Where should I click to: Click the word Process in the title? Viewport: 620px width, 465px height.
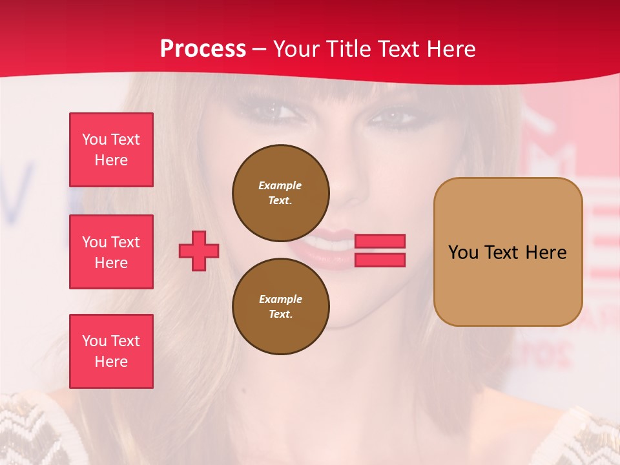203,49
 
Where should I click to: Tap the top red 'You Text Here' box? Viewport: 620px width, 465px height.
111,150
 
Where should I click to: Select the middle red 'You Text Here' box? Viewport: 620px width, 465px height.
111,252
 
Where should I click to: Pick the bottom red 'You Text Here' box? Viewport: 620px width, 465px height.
111,351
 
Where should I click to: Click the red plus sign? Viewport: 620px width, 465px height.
199,251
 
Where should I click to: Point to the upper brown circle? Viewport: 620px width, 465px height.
281,193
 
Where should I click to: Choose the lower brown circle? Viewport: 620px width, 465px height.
281,307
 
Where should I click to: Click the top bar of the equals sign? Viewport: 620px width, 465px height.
380,241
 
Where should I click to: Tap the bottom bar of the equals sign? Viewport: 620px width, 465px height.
380,260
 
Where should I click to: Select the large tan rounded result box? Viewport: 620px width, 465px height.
508,252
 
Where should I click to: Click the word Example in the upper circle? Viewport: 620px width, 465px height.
280,185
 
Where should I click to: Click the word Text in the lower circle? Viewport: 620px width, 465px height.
280,315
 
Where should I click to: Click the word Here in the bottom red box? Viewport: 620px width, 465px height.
111,362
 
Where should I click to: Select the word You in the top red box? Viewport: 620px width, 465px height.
94,139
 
